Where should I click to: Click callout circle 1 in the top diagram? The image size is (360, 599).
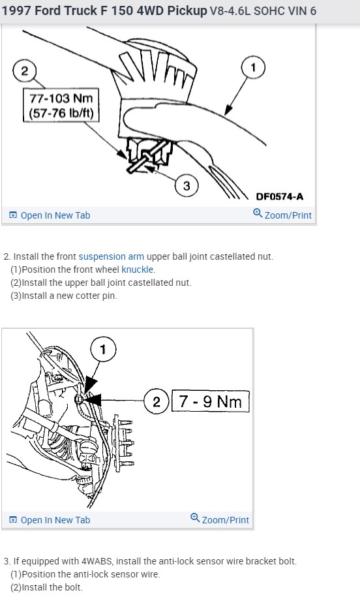253,68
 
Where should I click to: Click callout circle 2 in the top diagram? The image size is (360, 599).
25,70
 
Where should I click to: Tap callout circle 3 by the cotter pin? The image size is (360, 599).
187,186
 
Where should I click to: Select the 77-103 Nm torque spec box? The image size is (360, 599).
61,106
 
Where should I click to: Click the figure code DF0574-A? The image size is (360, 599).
280,196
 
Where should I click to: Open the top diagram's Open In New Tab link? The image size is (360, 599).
50,215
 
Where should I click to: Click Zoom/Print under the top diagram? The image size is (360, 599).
282,215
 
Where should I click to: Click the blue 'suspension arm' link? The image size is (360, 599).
112,256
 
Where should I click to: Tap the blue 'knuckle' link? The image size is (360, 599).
138,269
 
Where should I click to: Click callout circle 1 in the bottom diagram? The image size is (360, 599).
103,349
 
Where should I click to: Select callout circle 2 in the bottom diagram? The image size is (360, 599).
156,401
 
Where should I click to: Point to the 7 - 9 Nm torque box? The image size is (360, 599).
211,401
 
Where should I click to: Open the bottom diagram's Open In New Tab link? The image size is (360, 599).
50,520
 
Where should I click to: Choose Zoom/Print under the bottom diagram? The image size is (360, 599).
220,519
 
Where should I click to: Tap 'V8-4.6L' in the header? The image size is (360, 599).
230,10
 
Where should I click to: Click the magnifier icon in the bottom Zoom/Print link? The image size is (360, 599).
195,517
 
